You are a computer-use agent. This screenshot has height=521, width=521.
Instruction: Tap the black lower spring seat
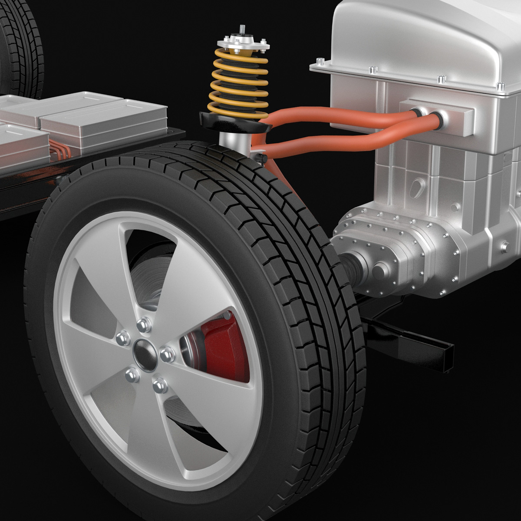pos(234,122)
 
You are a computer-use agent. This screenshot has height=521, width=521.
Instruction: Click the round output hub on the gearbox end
pos(379,271)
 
